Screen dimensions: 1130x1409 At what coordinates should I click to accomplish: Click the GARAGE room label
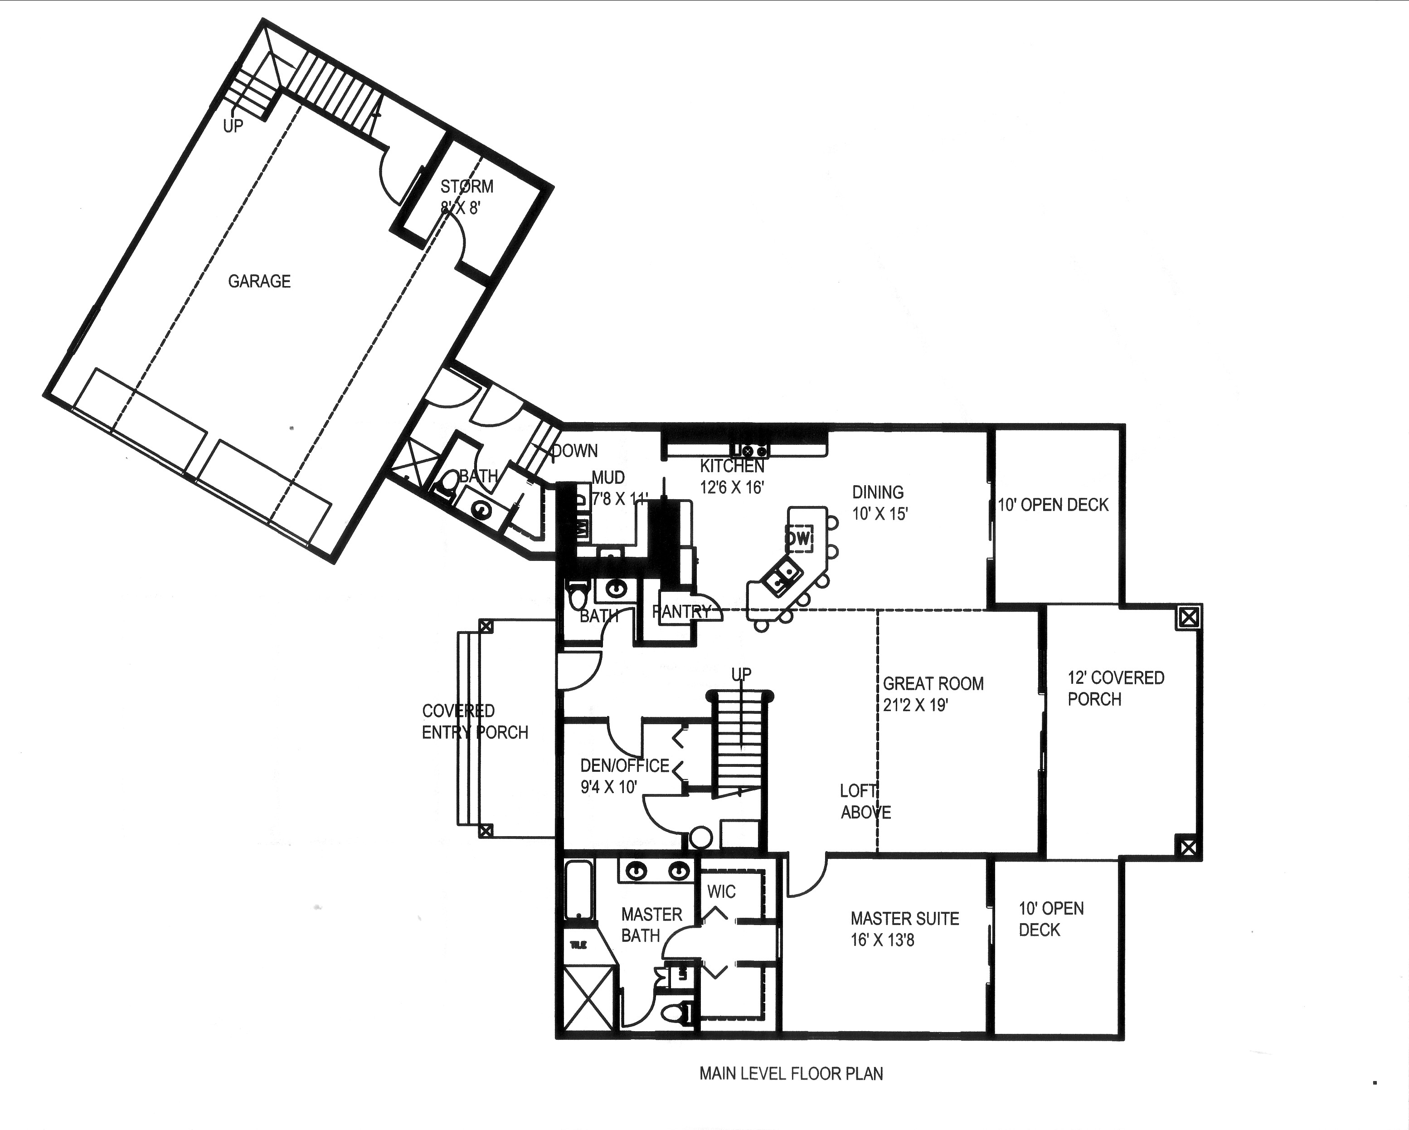[x=259, y=281]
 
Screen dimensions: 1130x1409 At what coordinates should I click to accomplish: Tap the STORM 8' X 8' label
[x=466, y=197]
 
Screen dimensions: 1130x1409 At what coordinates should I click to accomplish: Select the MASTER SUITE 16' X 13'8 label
[x=904, y=929]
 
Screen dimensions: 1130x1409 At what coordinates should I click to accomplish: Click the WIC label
[x=721, y=891]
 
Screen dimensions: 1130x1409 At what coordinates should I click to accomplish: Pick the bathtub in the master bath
[x=578, y=891]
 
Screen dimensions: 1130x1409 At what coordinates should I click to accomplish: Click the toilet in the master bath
[x=676, y=1013]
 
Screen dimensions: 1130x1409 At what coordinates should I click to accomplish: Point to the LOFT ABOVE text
[x=865, y=801]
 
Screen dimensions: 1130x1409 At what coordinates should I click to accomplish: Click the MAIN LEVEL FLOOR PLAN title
[x=791, y=1073]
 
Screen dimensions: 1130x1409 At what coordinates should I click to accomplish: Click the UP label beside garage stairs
[x=233, y=126]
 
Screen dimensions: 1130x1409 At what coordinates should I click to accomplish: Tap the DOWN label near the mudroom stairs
[x=574, y=450]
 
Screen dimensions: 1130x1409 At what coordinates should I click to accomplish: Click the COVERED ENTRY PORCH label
[x=475, y=721]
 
